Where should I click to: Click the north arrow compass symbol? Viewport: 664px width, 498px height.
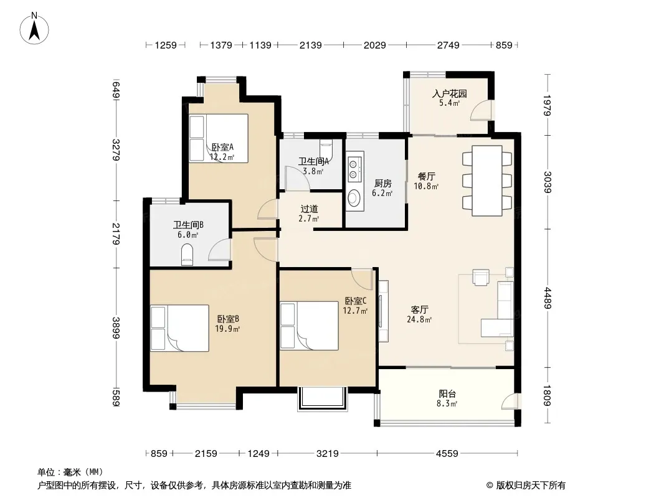pos(34,28)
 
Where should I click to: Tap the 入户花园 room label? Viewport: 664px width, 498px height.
pos(449,93)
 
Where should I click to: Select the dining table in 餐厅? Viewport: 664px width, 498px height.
pos(487,181)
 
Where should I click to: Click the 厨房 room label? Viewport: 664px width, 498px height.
pos(382,183)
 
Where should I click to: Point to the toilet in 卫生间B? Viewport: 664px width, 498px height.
pos(187,254)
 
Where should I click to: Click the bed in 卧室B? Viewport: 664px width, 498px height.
pos(180,328)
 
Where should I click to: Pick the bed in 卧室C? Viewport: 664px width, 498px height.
pos(309,326)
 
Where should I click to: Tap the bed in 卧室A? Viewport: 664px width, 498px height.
pos(219,138)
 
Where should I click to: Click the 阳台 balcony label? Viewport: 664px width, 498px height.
pos(447,393)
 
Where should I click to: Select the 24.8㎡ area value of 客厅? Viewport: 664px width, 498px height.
pos(419,319)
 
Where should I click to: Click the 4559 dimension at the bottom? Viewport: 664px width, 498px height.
pos(447,454)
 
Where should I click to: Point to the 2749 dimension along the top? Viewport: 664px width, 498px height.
pos(448,45)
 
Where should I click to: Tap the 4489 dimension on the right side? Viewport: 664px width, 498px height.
pos(548,298)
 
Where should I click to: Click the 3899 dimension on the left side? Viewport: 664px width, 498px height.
pos(116,328)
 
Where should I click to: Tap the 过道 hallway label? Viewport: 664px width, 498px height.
pos(309,209)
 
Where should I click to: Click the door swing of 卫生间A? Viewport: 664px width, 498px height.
pos(297,178)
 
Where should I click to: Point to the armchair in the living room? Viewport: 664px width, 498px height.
pos(481,278)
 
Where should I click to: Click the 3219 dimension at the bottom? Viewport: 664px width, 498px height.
pos(328,454)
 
